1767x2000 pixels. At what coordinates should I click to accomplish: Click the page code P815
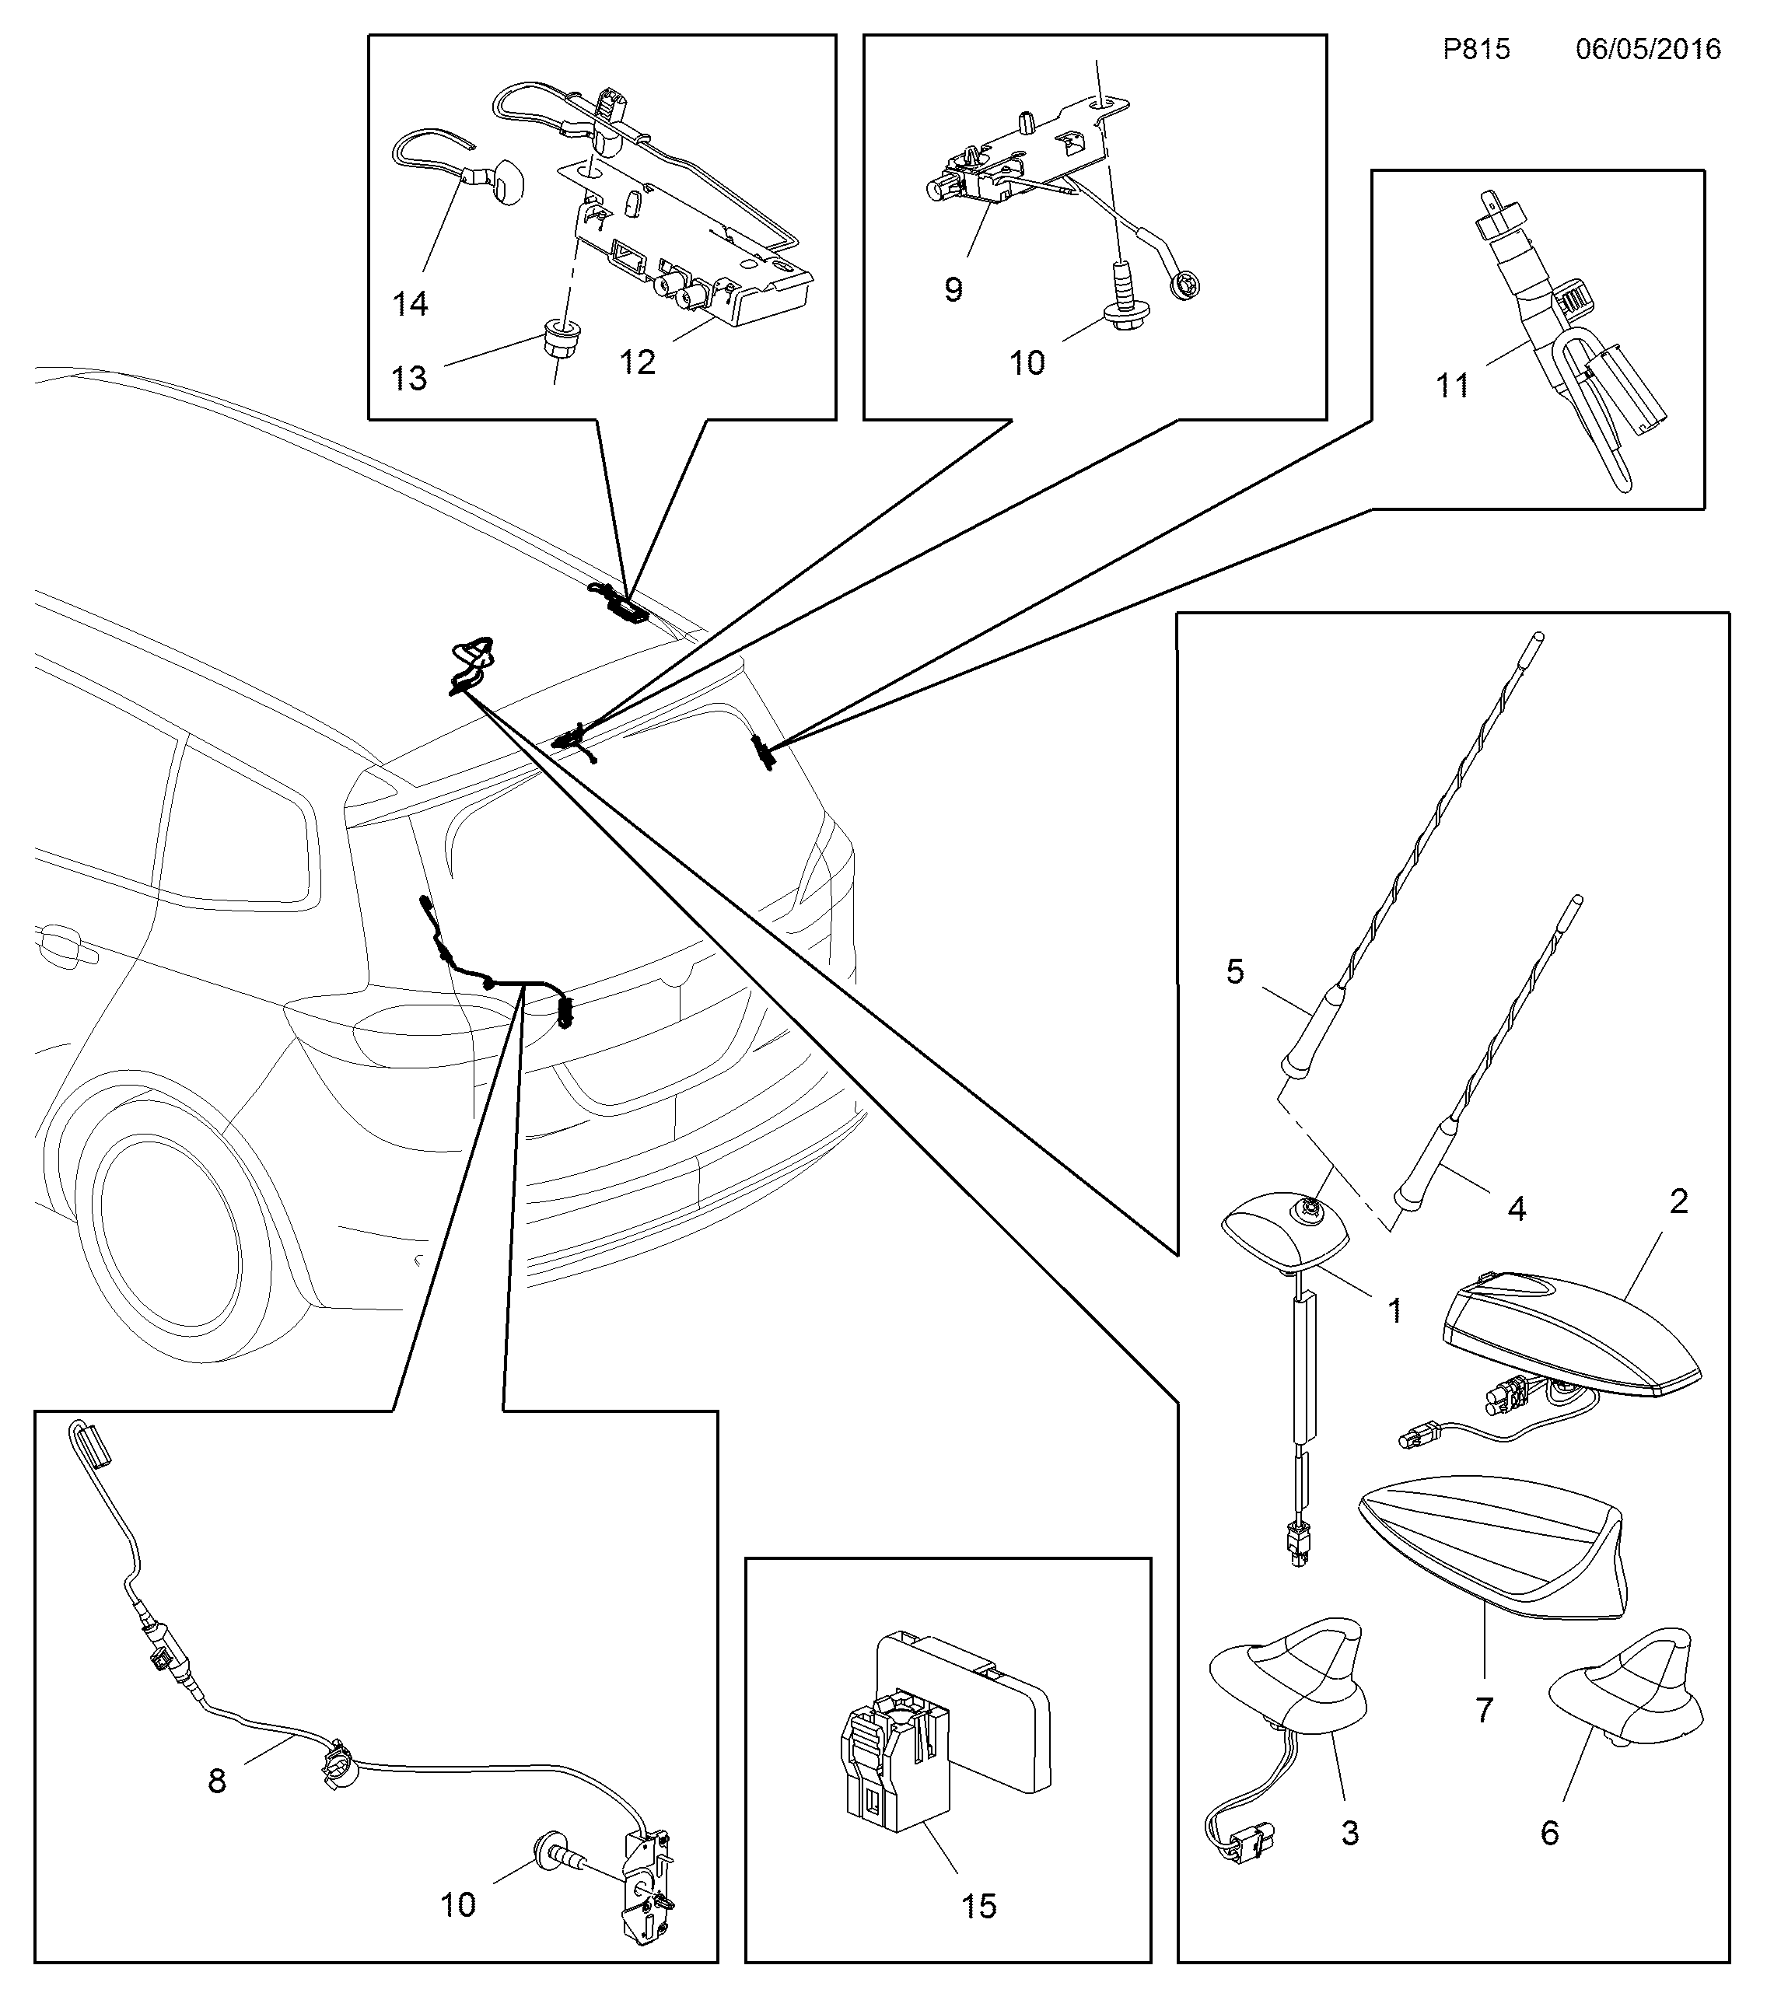1476,49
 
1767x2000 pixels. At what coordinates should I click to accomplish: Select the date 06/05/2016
1648,49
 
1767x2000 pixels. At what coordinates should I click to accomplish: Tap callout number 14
410,304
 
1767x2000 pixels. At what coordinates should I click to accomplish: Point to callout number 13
409,378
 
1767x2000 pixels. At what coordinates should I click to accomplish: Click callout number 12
637,363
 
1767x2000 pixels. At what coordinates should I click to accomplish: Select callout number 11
1453,386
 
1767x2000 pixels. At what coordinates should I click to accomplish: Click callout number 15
979,1906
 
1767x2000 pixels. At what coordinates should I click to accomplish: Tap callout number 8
217,1780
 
